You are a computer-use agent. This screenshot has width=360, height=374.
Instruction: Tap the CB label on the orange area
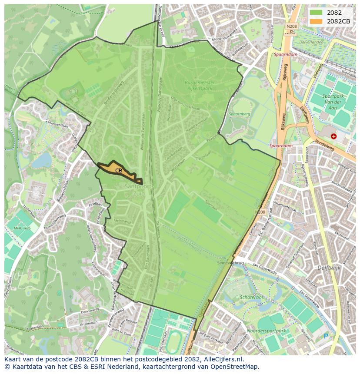119,171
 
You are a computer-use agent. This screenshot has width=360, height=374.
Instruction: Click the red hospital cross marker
333,136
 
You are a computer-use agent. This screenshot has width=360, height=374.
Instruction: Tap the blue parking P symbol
326,335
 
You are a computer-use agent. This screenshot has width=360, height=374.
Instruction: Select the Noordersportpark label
272,331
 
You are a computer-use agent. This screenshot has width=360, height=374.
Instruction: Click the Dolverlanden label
311,42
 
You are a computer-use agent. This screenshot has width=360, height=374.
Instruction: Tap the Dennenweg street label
90,310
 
